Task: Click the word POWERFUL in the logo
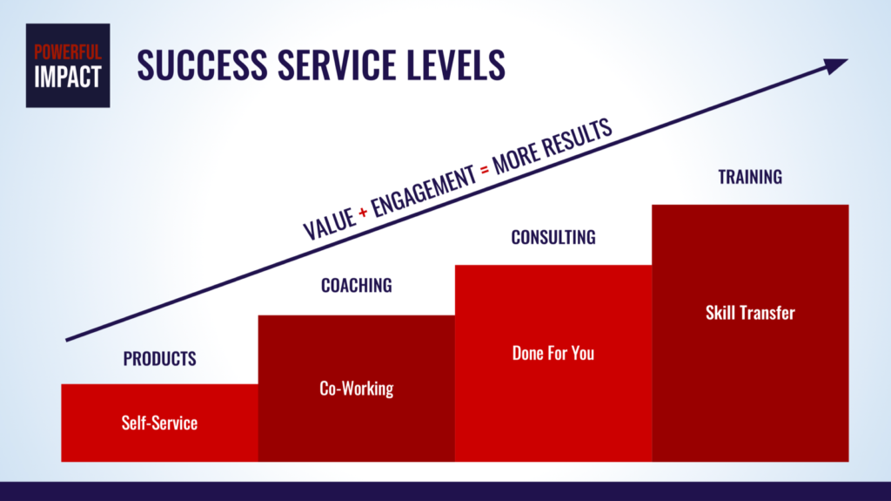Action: [x=68, y=52]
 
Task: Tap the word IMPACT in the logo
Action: [x=68, y=77]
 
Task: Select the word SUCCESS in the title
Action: [x=202, y=64]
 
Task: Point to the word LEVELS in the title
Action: [x=456, y=64]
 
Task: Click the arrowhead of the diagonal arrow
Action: [x=834, y=64]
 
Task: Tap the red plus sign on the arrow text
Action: [x=363, y=213]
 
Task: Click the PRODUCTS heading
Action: [x=160, y=359]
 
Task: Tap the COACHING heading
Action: [x=356, y=285]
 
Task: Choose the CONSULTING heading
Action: [x=553, y=237]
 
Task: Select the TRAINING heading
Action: [x=750, y=177]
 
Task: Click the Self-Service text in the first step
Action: [x=160, y=423]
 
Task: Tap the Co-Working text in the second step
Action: [x=356, y=389]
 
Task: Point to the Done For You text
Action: [x=553, y=353]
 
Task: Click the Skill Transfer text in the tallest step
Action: [x=750, y=313]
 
